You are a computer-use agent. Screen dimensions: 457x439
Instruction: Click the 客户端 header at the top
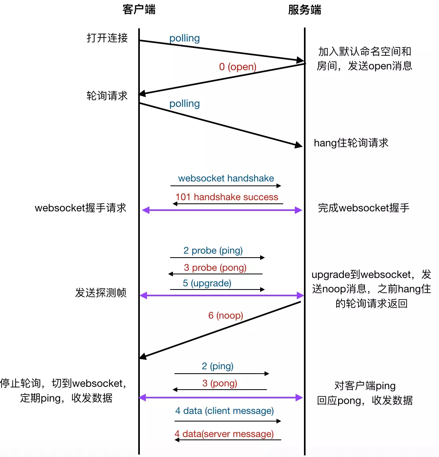(x=139, y=10)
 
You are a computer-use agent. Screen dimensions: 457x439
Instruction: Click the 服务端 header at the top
(x=304, y=10)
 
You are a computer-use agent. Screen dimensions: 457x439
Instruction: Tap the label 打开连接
(x=107, y=38)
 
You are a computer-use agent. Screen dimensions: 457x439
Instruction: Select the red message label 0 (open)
(x=237, y=67)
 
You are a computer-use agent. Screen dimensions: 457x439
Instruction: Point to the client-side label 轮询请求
(x=107, y=96)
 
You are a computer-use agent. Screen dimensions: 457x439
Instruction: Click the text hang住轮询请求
(x=351, y=143)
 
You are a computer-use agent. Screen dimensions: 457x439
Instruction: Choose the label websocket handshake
(x=226, y=178)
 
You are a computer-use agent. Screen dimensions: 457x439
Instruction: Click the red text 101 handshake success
(x=227, y=197)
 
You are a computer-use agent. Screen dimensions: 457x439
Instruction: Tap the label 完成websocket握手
(x=363, y=208)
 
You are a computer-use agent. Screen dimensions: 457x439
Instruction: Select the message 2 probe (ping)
(x=213, y=250)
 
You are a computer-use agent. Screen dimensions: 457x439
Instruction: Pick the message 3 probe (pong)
(x=215, y=268)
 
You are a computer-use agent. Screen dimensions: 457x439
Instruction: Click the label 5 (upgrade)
(x=207, y=283)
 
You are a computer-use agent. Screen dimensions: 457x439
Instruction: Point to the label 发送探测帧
(x=101, y=293)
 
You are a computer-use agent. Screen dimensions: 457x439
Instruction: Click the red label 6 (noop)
(x=225, y=315)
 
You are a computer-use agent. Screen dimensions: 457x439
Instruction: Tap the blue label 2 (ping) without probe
(x=218, y=366)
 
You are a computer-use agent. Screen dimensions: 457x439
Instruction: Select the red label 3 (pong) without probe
(x=219, y=383)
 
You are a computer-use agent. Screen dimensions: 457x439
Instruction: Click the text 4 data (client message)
(x=224, y=411)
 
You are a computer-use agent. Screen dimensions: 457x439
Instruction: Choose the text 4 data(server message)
(x=224, y=434)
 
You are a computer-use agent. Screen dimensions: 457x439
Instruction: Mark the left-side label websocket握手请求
(x=80, y=208)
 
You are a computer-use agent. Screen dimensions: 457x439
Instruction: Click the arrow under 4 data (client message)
(x=227, y=421)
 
